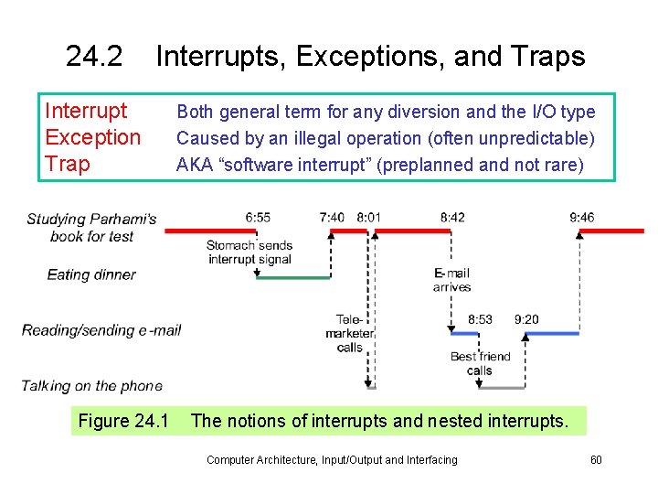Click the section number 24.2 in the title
pyautogui.click(x=94, y=57)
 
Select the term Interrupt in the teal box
pyautogui.click(x=86, y=112)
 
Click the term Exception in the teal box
pyautogui.click(x=92, y=138)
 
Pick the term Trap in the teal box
pyautogui.click(x=68, y=165)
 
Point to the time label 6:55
pyautogui.click(x=258, y=218)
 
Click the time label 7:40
pyautogui.click(x=332, y=218)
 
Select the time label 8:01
pyautogui.click(x=369, y=218)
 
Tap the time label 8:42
pyautogui.click(x=451, y=218)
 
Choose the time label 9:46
pyautogui.click(x=581, y=218)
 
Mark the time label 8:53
pyautogui.click(x=480, y=319)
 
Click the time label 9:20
pyautogui.click(x=526, y=319)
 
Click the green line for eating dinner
pyautogui.click(x=292, y=276)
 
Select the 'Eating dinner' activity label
pyautogui.click(x=91, y=274)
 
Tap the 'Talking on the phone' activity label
pyautogui.click(x=92, y=386)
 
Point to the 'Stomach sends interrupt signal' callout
pyautogui.click(x=249, y=252)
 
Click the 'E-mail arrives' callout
pyautogui.click(x=451, y=280)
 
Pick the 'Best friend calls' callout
pyautogui.click(x=480, y=363)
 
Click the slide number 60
pyautogui.click(x=596, y=459)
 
